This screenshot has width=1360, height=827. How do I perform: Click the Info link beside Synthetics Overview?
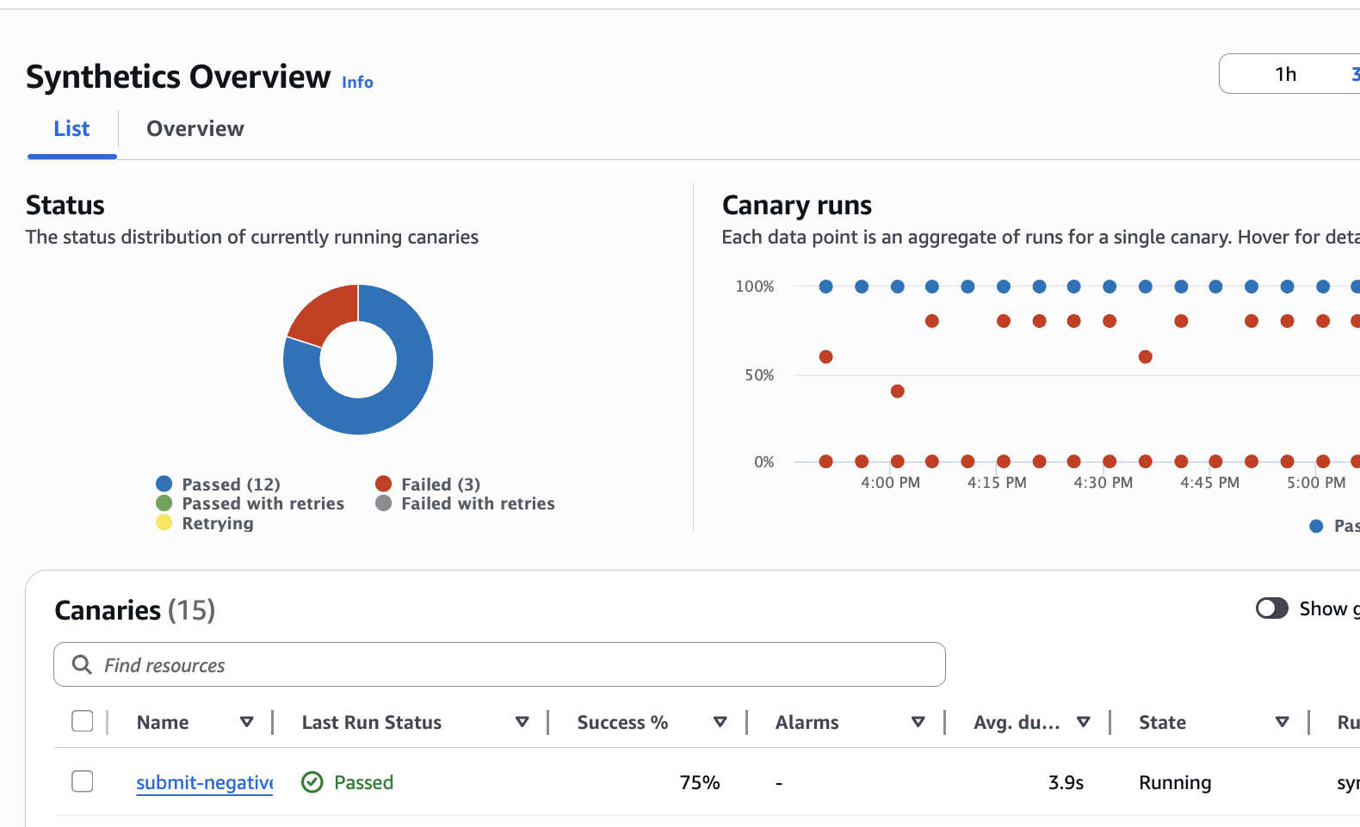coord(357,82)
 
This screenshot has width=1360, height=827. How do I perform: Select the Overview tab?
coord(195,129)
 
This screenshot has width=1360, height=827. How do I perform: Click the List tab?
coord(71,129)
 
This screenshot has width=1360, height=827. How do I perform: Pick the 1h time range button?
coord(1285,74)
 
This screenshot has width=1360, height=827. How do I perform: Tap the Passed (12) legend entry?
coord(230,484)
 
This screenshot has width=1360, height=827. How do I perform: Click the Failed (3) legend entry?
coord(440,484)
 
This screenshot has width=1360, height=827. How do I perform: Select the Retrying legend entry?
coord(217,523)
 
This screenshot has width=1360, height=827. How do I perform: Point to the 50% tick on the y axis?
coord(759,375)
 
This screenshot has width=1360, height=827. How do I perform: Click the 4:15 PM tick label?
coord(997,483)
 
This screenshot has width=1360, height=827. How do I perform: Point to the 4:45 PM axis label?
coord(1209,483)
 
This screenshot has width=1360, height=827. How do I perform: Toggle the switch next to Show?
coord(1271,608)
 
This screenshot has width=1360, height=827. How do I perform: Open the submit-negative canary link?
coord(204,782)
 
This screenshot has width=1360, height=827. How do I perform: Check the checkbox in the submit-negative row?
coord(83,781)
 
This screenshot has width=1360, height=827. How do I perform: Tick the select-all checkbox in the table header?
coord(83,721)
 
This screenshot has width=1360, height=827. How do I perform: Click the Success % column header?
coord(622,723)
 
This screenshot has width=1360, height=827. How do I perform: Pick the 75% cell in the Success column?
coord(699,782)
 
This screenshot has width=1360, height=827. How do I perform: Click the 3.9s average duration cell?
coord(1066,782)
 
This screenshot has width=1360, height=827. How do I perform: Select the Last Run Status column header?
coord(371,723)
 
